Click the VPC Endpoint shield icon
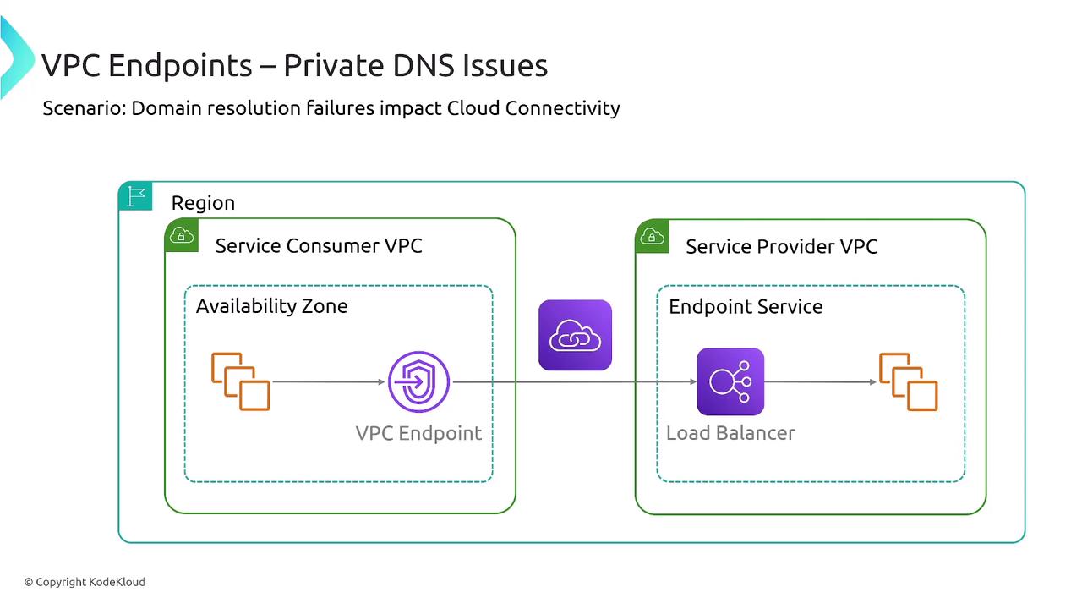point(419,382)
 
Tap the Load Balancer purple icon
point(730,381)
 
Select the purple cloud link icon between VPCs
point(575,335)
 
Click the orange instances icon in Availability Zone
point(240,381)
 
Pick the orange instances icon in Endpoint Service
point(909,381)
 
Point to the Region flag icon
point(135,196)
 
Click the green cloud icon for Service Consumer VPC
point(182,235)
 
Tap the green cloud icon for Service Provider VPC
point(652,235)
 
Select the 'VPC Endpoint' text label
point(418,433)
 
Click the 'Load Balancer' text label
point(730,433)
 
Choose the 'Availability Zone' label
point(271,306)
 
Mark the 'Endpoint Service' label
point(746,306)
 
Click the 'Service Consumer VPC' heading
point(319,246)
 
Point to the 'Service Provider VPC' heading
point(781,246)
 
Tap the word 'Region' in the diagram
point(203,203)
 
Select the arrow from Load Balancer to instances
point(820,382)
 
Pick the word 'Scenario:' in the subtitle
point(85,108)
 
